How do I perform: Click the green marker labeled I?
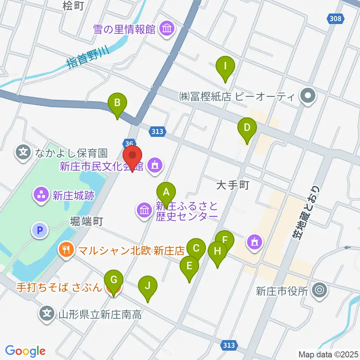coord(225,67)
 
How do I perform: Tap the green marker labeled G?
coord(114,280)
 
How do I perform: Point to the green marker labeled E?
coord(189,267)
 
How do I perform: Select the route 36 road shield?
coord(129,143)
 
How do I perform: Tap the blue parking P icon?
coord(41,230)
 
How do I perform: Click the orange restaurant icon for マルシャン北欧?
coord(66,249)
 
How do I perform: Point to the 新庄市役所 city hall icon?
coord(319,289)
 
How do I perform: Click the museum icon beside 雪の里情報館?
coord(166,30)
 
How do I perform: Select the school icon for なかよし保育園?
coord(24,153)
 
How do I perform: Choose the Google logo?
coord(25,351)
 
